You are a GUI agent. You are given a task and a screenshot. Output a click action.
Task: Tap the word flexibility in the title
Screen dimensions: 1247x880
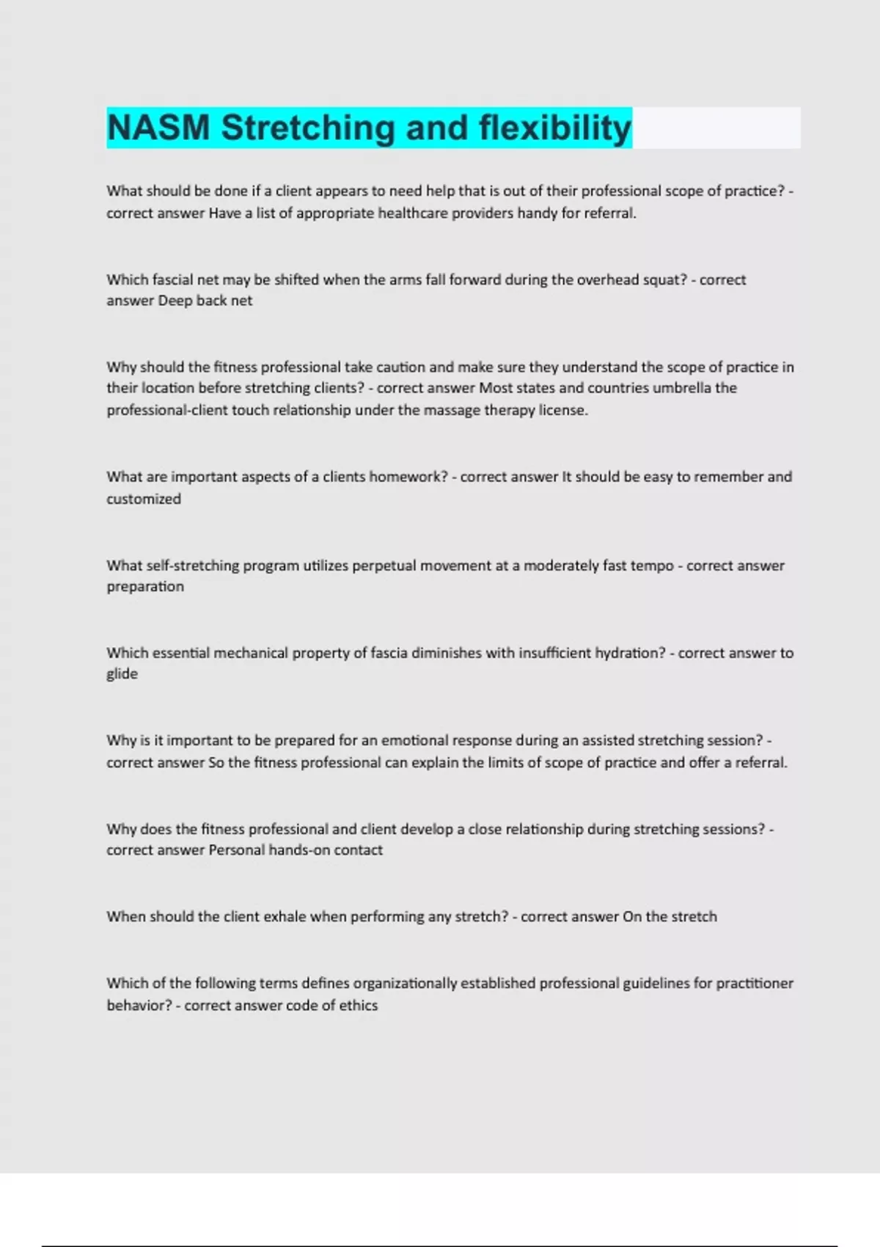[555, 128]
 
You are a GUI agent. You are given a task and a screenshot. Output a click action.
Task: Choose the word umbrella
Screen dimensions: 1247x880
[681, 388]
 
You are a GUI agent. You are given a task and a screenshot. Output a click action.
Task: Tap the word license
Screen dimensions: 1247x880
[563, 411]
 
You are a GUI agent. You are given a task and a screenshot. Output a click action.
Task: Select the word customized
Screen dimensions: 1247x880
[144, 499]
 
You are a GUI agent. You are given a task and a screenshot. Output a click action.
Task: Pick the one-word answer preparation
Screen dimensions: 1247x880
[145, 587]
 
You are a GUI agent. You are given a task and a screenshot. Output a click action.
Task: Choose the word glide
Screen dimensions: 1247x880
[122, 674]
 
